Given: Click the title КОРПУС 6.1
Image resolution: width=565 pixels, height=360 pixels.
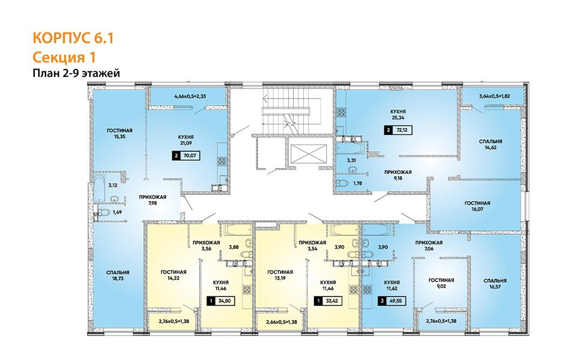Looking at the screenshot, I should pyautogui.click(x=71, y=38).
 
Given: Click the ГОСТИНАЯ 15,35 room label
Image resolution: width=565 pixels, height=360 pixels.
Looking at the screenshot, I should pyautogui.click(x=119, y=134).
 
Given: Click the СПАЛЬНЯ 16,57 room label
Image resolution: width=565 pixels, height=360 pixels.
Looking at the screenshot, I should pyautogui.click(x=495, y=284).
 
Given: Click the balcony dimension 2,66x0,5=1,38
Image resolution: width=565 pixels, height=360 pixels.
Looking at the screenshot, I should pyautogui.click(x=281, y=323).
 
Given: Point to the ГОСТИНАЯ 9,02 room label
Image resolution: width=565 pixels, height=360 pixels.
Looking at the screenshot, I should pyautogui.click(x=441, y=284).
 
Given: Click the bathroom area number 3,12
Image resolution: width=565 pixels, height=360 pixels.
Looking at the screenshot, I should pyautogui.click(x=112, y=185).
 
